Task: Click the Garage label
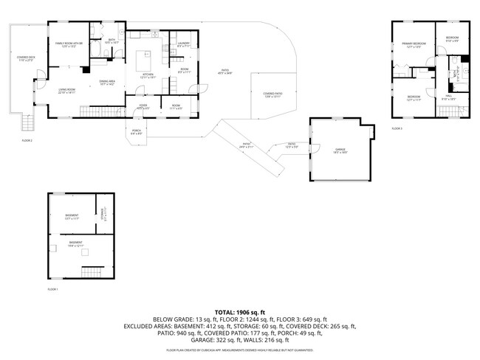pos(340,150)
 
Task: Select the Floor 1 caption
pos(52,289)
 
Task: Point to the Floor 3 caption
pos(397,128)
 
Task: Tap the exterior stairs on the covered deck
pos(28,122)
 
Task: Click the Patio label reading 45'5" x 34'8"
pos(224,72)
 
